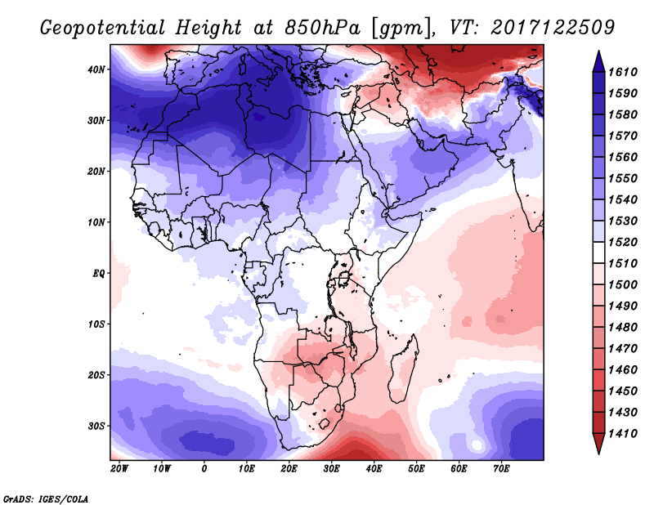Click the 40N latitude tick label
96,69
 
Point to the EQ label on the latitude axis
98,273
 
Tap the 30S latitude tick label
96,426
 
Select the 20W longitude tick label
119,469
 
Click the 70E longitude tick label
502,469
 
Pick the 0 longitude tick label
204,469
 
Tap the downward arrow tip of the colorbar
598,450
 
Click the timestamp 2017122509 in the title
553,27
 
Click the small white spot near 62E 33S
477,445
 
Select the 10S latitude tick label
96,324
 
